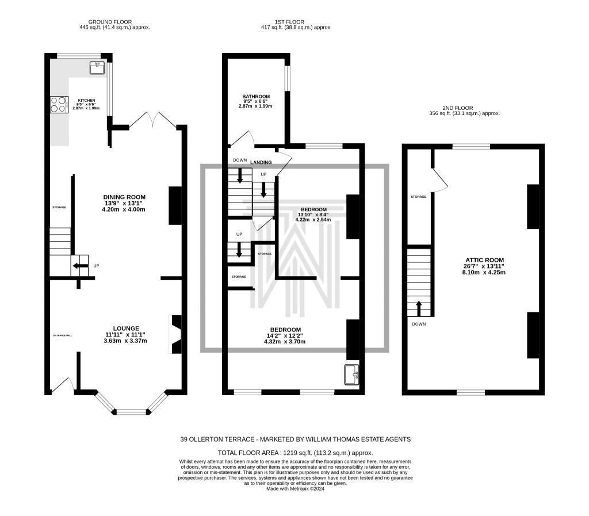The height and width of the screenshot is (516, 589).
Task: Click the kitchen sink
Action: click(97, 68)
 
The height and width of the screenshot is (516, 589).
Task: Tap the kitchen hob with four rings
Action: click(58, 104)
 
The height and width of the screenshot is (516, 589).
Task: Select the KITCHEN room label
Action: click(86, 100)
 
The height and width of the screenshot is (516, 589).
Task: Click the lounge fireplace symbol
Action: click(175, 334)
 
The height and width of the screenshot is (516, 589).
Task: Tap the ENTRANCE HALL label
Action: click(63, 334)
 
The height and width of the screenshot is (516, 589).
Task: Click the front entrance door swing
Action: click(63, 385)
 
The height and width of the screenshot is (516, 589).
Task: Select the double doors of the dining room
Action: click(152, 120)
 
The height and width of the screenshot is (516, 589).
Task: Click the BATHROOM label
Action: click(256, 97)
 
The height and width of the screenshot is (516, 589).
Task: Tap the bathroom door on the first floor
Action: click(241, 139)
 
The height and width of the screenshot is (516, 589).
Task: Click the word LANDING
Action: click(261, 162)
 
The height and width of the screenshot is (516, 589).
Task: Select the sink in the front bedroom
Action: click(351, 374)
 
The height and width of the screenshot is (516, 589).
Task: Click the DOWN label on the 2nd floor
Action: click(418, 324)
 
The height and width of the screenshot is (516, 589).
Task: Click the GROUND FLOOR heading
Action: click(114, 21)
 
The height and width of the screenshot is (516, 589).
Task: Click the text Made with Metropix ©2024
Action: click(295, 488)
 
